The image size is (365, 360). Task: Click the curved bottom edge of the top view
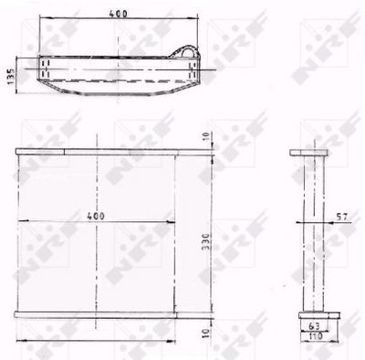pyautogui.click(x=119, y=94)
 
